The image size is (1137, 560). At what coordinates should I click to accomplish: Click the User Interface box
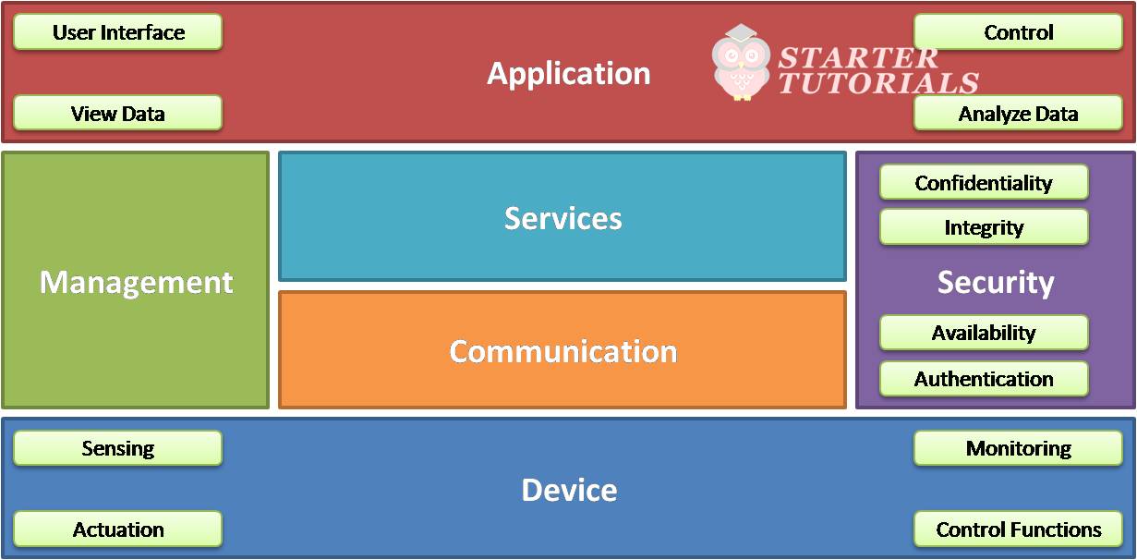[118, 32]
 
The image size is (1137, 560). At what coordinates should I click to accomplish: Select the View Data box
[118, 114]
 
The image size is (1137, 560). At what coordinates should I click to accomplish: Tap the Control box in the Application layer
[1018, 32]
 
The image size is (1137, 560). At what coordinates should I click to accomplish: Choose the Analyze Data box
[1018, 114]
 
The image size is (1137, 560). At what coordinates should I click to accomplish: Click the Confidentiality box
[984, 183]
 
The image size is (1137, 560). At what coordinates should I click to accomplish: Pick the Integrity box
[984, 227]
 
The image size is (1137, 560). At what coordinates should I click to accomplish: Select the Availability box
[984, 333]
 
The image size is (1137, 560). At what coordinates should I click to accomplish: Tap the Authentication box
[984, 379]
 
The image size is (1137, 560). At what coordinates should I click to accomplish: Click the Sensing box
[118, 448]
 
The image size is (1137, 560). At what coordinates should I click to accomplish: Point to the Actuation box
[118, 530]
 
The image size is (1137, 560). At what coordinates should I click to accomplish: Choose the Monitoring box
[1018, 448]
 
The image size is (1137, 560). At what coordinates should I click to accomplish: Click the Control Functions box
[1018, 530]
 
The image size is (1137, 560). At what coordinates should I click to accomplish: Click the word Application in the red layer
[569, 74]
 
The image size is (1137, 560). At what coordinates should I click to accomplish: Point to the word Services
[562, 218]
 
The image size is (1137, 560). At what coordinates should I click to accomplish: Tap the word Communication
[562, 351]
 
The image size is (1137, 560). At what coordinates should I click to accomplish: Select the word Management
[136, 282]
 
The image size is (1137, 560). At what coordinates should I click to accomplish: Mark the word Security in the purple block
[995, 282]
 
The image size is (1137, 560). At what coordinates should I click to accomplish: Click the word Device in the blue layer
[569, 490]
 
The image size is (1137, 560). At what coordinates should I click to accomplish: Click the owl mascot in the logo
[741, 63]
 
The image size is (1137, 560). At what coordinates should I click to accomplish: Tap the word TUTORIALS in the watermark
[877, 83]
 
